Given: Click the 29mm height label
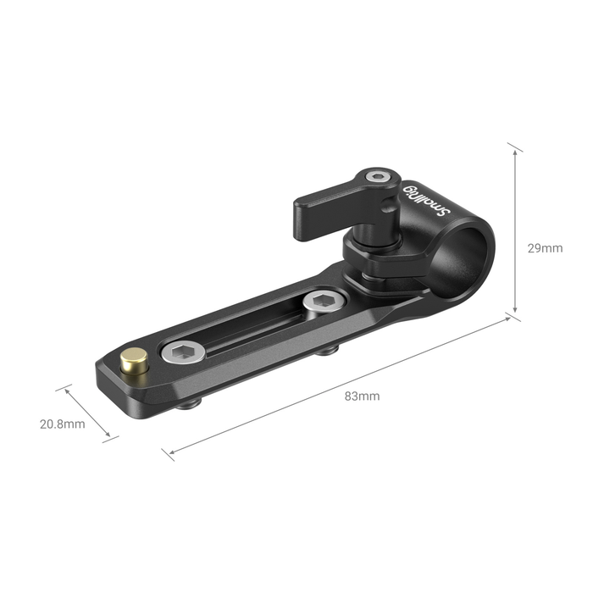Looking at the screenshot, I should coord(544,248).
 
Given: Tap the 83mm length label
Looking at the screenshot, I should coord(362,396).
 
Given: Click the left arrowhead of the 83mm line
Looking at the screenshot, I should coord(168,452).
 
